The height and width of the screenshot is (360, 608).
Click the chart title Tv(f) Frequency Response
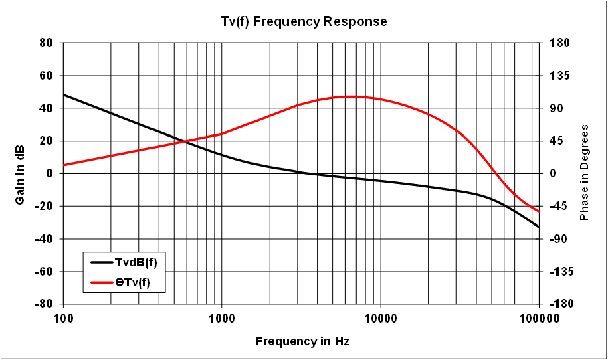304,21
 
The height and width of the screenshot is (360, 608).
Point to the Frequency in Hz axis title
302,342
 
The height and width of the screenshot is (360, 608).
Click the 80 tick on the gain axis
46,43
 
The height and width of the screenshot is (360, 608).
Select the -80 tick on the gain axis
44,304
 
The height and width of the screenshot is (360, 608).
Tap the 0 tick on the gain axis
49,173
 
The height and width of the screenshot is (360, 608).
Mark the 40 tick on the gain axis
46,108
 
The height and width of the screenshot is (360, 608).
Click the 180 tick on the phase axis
559,43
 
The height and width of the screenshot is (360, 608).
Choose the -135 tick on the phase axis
560,271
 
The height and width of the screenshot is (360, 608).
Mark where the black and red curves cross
185,141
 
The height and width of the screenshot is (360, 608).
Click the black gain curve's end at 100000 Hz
539,227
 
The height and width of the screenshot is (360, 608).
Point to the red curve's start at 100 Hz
64,165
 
